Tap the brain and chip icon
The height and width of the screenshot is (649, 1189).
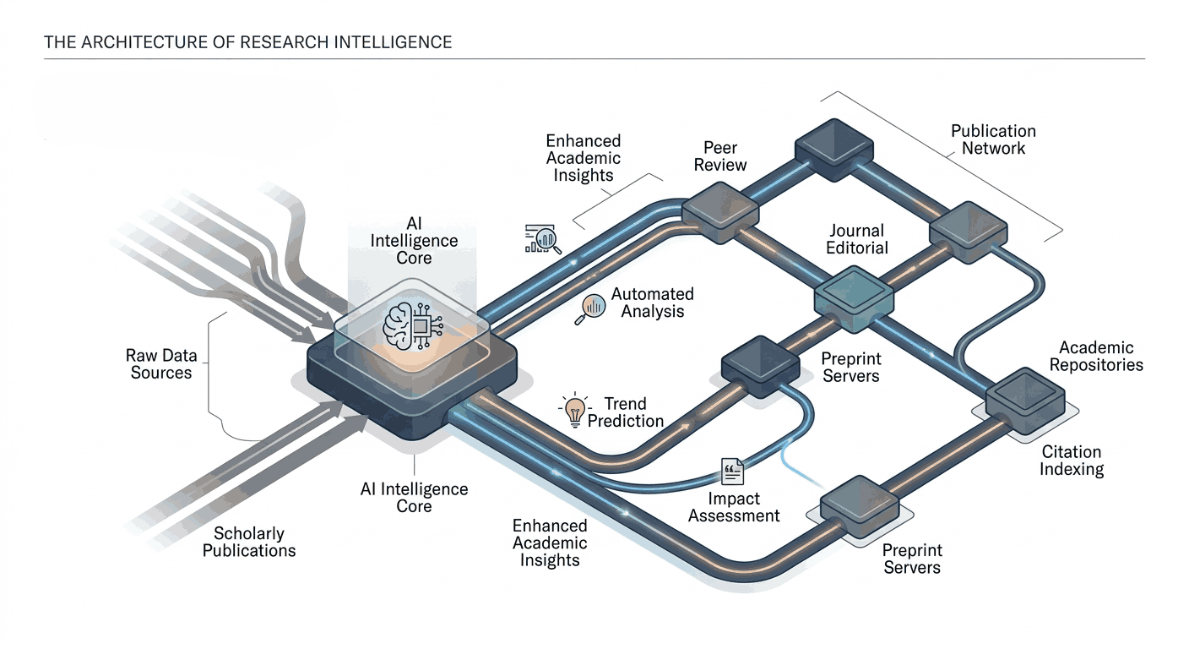click(413, 326)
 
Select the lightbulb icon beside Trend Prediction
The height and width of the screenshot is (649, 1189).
click(574, 410)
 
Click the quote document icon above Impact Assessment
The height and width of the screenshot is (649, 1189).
click(732, 472)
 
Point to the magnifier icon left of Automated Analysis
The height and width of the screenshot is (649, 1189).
click(590, 309)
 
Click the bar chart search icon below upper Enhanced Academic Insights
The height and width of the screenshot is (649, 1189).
click(542, 239)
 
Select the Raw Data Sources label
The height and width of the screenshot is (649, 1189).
click(161, 364)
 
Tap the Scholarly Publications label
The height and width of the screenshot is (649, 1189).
click(249, 542)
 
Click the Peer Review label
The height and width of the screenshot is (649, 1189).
click(720, 156)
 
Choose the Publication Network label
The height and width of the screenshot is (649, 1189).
click(993, 139)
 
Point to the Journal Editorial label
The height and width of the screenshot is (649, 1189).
click(857, 239)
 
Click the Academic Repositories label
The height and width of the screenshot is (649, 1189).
click(1096, 356)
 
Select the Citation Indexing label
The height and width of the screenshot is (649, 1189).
click(1071, 461)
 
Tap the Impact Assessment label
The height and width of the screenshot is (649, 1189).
click(734, 507)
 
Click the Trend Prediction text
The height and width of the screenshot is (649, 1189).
click(625, 412)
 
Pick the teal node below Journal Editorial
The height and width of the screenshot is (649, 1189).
click(854, 299)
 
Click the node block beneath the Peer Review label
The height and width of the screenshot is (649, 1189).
click(720, 212)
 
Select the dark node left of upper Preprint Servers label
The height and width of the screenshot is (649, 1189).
click(761, 367)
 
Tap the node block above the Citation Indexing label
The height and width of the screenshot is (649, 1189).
click(1025, 401)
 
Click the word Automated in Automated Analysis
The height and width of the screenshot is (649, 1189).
click(653, 294)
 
